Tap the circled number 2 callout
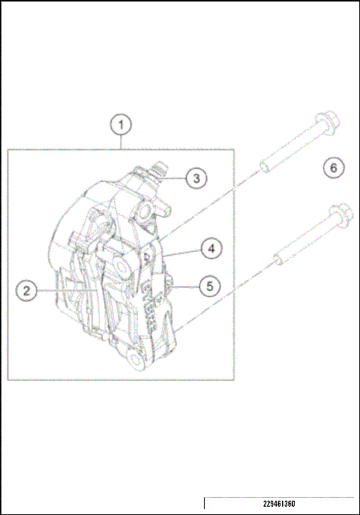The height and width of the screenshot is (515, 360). (x=26, y=290)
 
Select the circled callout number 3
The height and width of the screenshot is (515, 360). (x=195, y=178)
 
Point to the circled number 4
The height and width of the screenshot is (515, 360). (x=211, y=247)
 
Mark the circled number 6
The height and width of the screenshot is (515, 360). (x=334, y=167)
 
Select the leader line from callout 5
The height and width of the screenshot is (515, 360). (x=187, y=285)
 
